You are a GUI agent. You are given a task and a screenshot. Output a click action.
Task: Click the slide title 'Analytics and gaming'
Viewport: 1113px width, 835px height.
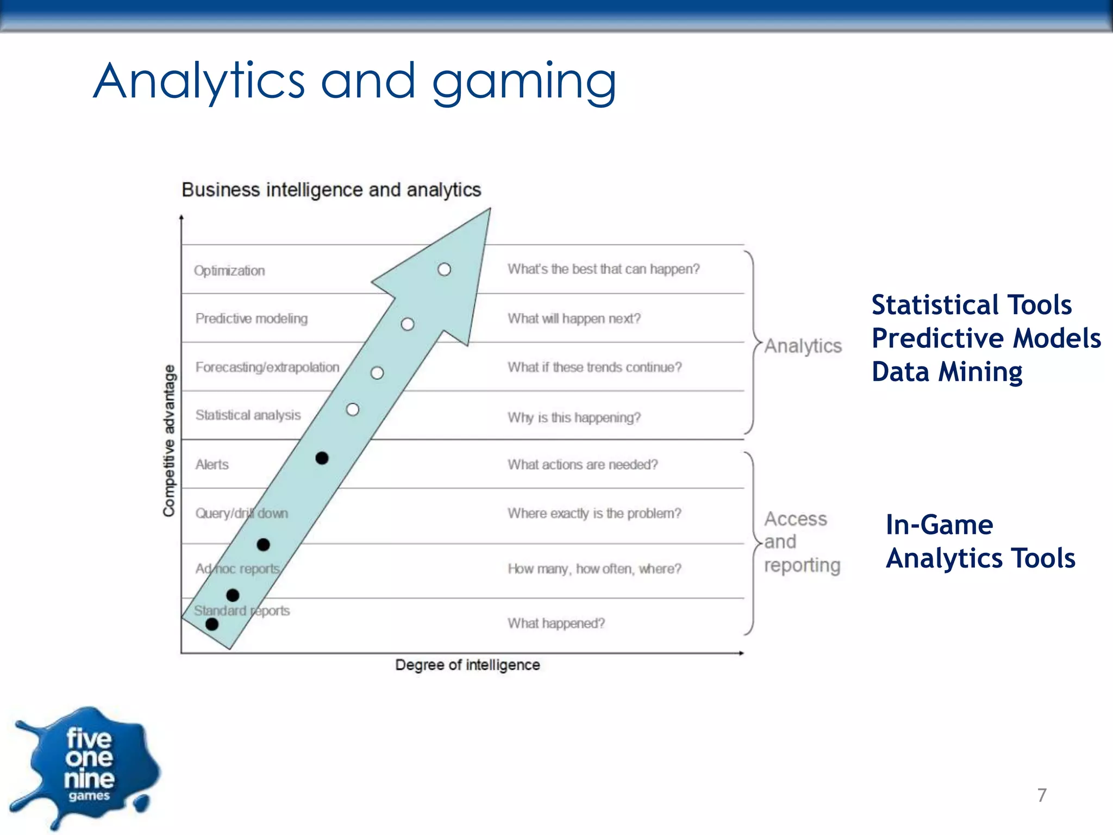click(x=354, y=82)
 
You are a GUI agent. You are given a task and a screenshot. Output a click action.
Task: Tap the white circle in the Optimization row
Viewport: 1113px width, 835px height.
click(x=444, y=270)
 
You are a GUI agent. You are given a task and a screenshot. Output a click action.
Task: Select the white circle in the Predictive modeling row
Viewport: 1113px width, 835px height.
click(x=408, y=325)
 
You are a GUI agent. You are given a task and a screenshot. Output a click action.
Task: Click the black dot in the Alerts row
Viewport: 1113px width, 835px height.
click(x=322, y=458)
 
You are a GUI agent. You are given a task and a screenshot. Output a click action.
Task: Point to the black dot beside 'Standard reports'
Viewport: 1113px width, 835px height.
click(x=212, y=625)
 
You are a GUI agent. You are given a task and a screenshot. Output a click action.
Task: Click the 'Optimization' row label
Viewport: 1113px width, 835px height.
click(x=229, y=271)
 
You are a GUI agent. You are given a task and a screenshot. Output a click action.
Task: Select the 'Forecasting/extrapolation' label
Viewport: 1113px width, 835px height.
click(x=267, y=367)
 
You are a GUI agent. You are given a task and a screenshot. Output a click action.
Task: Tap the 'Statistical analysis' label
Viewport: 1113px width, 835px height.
click(x=248, y=415)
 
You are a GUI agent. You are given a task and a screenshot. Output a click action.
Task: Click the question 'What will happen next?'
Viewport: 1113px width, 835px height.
click(x=574, y=319)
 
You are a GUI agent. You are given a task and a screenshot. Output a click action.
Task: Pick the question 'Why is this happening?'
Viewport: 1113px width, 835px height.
click(x=574, y=417)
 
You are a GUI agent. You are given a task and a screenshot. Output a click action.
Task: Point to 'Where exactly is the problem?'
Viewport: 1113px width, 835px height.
click(x=594, y=514)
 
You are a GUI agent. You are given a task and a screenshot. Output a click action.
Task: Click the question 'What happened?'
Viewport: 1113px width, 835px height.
click(x=556, y=624)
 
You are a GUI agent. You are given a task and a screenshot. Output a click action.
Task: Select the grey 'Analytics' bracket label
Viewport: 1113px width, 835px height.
click(x=803, y=346)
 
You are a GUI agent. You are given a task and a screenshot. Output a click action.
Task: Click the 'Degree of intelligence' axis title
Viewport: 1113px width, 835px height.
click(x=467, y=665)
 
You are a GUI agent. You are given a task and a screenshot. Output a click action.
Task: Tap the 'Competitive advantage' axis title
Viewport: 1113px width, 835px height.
click(x=170, y=440)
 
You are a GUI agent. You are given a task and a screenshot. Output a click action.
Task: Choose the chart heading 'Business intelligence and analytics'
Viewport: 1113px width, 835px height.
click(x=331, y=190)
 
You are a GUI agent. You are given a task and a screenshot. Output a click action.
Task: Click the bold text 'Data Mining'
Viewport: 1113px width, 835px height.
click(x=947, y=372)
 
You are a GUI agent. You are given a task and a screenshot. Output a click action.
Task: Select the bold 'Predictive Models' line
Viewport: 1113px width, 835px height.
click(x=986, y=338)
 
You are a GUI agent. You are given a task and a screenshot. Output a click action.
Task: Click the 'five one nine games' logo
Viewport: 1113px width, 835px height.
click(x=87, y=767)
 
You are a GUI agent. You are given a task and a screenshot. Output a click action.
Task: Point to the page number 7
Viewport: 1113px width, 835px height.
click(x=1041, y=795)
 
